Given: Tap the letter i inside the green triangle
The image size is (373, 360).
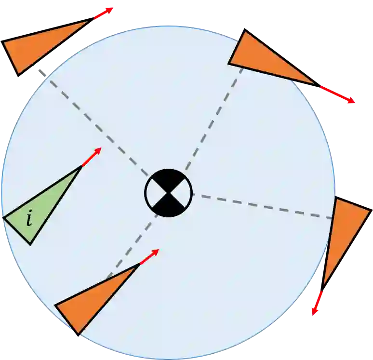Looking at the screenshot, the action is pos(29,219).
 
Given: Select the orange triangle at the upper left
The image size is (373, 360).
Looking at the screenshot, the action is pos(39,45).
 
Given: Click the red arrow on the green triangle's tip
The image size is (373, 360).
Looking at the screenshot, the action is pos(92,157).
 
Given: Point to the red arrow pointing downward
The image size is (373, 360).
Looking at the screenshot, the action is pos(317,303).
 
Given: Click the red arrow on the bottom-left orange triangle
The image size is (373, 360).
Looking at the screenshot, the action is pos(149,257).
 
